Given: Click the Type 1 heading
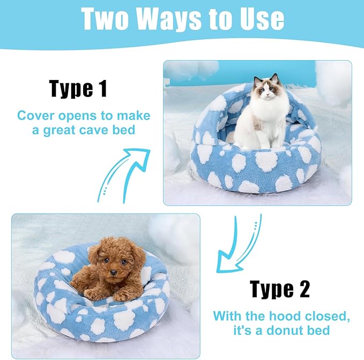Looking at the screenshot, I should pos(78,88).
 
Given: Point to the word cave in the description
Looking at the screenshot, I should pos(101,130).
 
